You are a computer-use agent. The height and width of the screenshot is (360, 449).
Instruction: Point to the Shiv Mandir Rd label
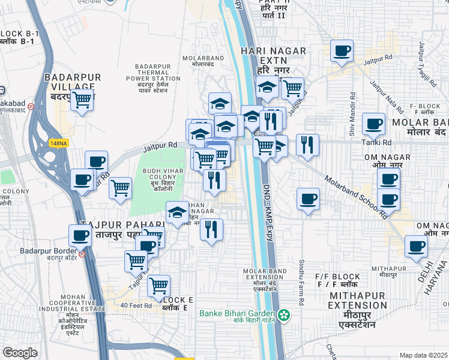coord(352,112)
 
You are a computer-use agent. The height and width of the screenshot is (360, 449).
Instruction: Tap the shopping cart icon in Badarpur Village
coord(82,100)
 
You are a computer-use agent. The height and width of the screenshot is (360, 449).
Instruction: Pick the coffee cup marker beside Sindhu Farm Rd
coord(308,199)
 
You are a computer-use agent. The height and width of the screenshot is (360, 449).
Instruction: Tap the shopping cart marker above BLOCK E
coord(158,285)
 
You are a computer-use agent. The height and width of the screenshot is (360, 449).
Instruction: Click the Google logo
coord(20,353)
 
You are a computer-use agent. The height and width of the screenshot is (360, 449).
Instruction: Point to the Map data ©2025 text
coord(423,355)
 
